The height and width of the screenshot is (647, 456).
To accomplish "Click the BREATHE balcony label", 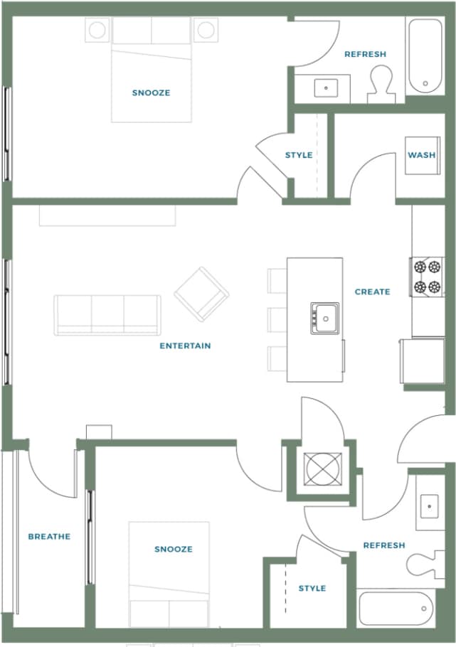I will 49,536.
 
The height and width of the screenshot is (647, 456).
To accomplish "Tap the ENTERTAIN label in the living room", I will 185,346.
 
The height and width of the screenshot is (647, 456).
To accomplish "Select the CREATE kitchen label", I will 372,292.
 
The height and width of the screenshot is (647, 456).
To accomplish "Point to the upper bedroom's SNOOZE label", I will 151,92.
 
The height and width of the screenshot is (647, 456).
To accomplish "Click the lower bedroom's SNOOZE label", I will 174,549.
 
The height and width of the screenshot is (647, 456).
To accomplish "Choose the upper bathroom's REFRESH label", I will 365,54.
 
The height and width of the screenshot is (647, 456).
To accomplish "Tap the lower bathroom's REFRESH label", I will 384,545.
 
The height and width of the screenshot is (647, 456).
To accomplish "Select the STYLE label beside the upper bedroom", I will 299,155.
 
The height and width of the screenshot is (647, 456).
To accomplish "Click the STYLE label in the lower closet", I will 312,588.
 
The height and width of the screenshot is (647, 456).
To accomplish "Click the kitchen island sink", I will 324,318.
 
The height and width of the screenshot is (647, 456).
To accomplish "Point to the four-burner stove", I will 426,277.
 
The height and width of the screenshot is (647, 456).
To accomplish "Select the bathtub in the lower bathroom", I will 395,609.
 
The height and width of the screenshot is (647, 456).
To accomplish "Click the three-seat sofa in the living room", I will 107,314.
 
